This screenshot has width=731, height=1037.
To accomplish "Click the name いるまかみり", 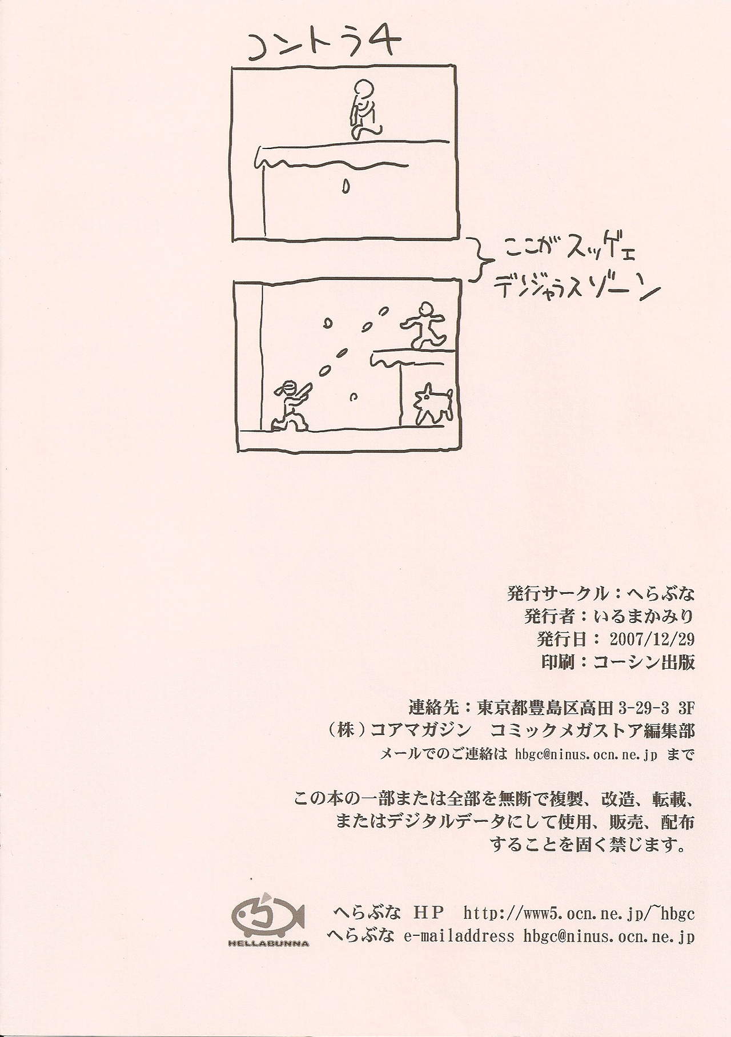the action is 642,616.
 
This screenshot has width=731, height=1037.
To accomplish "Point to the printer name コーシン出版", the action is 644,661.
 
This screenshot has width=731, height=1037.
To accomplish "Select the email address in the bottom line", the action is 609,936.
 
